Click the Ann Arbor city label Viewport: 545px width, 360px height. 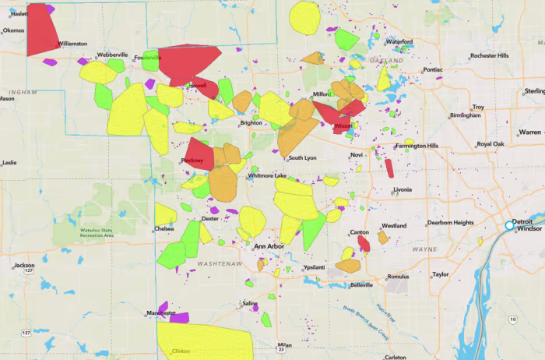click(x=270, y=246)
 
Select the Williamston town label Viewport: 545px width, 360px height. click(x=72, y=44)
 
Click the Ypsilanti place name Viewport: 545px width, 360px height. click(x=314, y=267)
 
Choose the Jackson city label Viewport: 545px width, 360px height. click(x=24, y=266)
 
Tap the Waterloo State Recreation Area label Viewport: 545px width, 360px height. click(x=97, y=231)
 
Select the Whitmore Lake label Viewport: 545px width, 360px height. click(x=269, y=176)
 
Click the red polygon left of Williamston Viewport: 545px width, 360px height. click(x=42, y=29)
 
